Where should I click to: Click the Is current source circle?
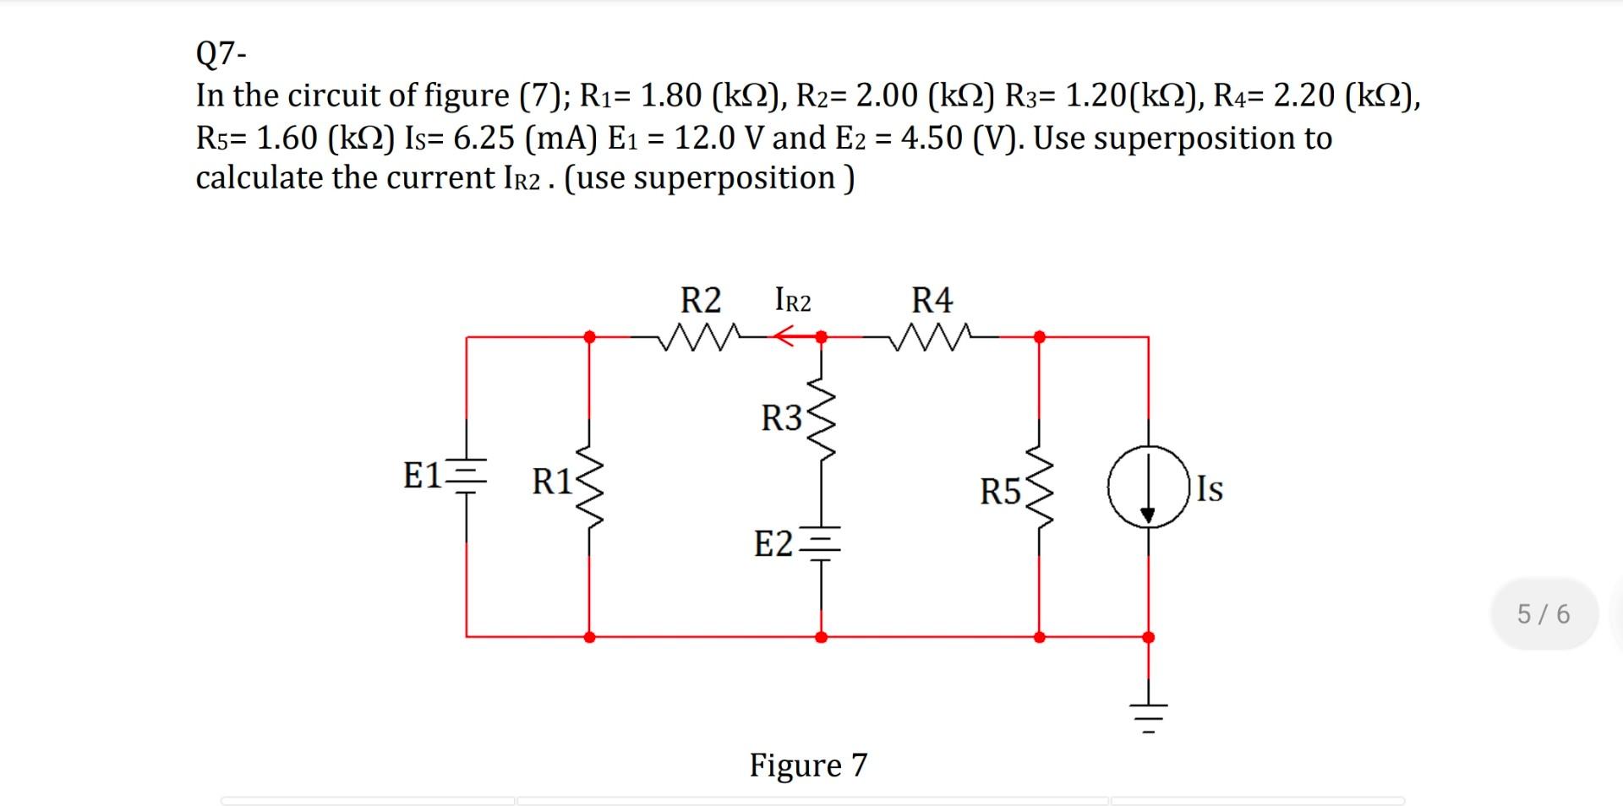click(1148, 487)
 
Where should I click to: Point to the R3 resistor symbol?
click(820, 417)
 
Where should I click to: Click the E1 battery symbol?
click(467, 477)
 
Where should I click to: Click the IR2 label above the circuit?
click(792, 301)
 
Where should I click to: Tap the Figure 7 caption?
click(808, 765)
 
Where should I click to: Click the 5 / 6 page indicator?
click(1544, 613)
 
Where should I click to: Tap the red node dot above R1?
click(589, 336)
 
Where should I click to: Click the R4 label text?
click(932, 300)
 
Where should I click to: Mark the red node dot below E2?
click(821, 637)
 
